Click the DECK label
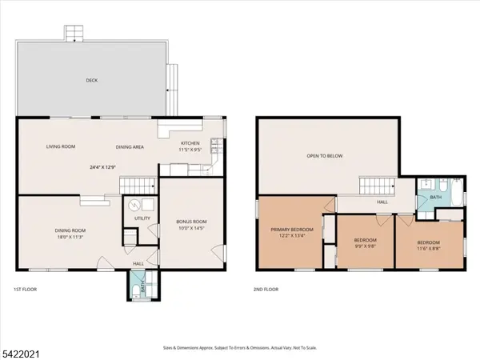point(92,80)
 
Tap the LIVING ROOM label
point(60,146)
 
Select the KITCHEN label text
point(190,143)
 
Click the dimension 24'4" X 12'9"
point(102,166)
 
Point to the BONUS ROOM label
point(191,221)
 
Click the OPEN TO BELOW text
point(325,155)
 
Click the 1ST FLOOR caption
point(25,289)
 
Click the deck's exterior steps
point(74,33)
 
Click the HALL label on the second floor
point(382,202)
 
